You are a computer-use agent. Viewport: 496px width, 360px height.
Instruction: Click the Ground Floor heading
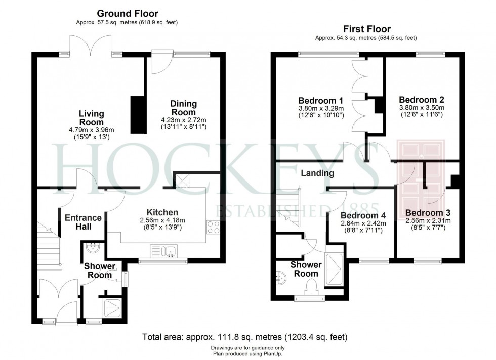127,14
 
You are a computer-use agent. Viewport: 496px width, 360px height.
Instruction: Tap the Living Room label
91,118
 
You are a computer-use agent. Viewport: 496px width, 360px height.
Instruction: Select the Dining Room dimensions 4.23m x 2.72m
183,120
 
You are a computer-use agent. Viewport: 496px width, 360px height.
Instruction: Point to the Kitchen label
161,212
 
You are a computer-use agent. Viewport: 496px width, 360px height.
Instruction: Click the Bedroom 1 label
321,100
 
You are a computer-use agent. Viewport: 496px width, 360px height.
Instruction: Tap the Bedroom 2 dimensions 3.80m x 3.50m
421,107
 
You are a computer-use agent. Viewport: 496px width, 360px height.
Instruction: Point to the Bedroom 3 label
428,213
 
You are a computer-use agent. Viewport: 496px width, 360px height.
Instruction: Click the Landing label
317,173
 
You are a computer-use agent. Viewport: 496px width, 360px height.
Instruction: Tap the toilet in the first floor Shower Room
312,287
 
